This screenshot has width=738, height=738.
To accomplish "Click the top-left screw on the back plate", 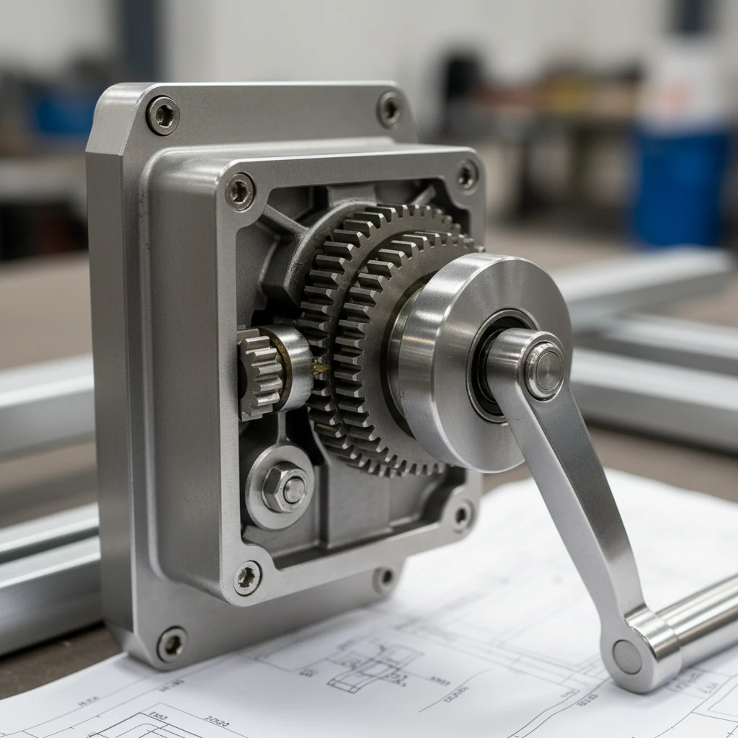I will (163, 115).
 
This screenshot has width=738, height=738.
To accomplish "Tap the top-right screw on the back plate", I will (389, 109).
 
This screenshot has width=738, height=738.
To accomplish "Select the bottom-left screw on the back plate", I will (172, 643).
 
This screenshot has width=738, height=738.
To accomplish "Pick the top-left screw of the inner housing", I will (240, 192).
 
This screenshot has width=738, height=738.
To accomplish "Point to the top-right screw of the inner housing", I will (467, 175).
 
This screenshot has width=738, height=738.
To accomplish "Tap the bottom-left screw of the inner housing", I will (246, 577).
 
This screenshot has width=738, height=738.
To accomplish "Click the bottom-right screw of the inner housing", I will (461, 515).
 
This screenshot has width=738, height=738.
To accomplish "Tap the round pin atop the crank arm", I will (545, 370).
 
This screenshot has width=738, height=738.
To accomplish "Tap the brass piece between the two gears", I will (319, 369).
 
